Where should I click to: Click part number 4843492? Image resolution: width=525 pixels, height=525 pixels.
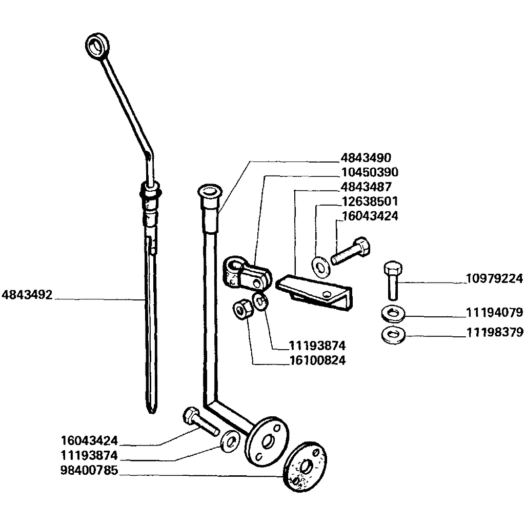27,295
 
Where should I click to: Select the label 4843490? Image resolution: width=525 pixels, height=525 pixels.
366,158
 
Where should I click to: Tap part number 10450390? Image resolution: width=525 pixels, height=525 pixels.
370,172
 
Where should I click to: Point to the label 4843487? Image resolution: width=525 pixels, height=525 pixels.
366,187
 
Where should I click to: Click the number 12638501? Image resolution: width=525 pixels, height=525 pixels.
370,201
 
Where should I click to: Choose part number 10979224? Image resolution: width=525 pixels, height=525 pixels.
495,278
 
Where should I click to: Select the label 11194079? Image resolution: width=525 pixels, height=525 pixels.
495,312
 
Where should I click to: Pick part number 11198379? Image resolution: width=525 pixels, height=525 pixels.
495,332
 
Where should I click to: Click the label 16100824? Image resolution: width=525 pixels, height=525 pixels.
317,360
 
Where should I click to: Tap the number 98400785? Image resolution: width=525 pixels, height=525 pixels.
89,471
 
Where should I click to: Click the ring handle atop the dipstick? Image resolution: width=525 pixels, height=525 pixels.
97,45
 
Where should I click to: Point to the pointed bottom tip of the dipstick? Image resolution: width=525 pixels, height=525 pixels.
152,411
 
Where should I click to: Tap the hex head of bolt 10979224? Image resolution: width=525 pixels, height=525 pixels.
393,268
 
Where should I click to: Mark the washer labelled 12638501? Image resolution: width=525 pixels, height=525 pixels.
321,266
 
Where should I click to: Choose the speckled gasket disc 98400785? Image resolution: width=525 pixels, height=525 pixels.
305,467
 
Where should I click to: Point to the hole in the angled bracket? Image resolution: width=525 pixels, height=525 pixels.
327,294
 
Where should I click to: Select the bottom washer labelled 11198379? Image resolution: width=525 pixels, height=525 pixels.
393,335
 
